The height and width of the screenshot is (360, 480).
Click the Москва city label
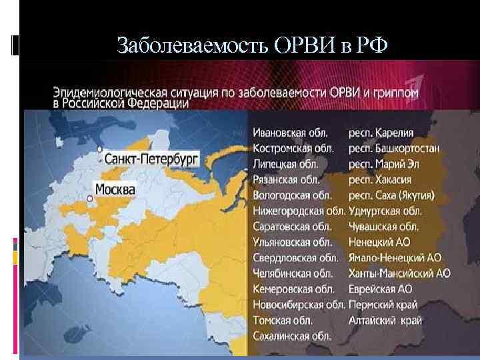pyautogui.click(x=115, y=189)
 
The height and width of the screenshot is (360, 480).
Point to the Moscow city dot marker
pyautogui.click(x=89, y=198)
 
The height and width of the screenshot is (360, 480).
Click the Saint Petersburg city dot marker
pyautogui.click(x=99, y=149)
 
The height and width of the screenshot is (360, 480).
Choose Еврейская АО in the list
pyautogui.click(x=380, y=289)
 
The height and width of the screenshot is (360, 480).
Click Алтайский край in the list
pyautogui.click(x=385, y=321)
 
